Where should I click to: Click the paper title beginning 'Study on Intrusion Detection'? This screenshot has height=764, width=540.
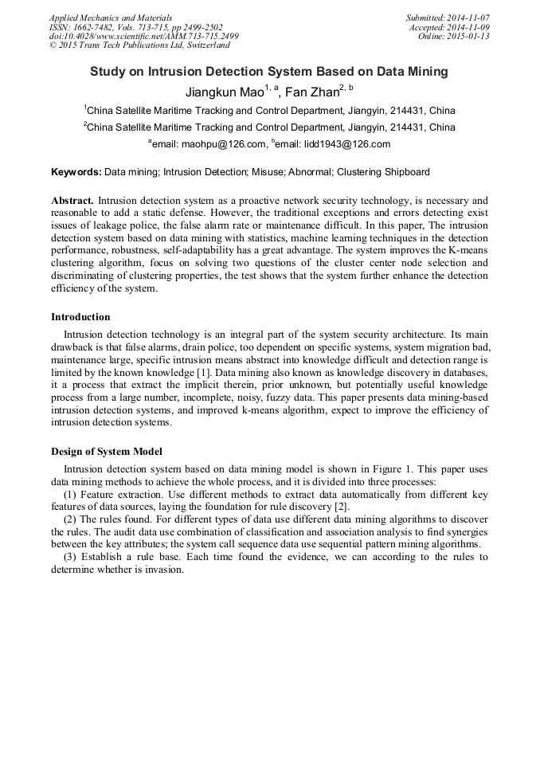coord(269,72)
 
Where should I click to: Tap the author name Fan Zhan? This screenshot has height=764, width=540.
coord(311,91)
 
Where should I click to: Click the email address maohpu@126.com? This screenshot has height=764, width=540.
coord(213,144)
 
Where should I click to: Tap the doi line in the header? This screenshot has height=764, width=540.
coord(143,37)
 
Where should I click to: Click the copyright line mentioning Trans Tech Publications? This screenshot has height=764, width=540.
coord(139,46)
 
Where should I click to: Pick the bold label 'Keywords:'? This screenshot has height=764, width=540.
coord(76,171)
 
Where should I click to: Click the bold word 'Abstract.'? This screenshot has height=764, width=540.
coord(72,201)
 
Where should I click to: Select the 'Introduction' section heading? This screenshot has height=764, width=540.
coord(80,317)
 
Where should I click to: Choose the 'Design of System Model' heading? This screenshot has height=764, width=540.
coord(107,451)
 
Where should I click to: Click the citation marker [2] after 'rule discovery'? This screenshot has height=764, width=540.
coord(338,507)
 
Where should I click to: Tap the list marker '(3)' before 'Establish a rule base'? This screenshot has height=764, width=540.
coord(69,557)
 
